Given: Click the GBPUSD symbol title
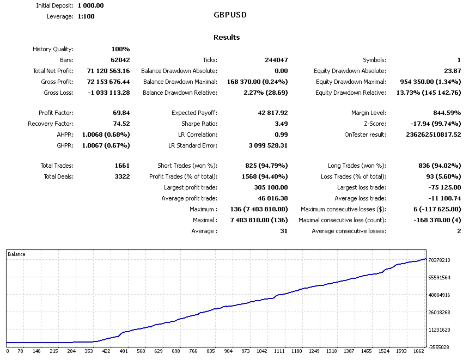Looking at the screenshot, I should coord(230,15).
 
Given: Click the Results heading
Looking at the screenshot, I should coord(227,38).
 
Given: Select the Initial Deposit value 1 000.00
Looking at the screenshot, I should coord(90,5).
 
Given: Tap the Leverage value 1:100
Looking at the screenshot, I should coord(87,16).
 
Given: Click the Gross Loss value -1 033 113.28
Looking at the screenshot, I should coord(109,93).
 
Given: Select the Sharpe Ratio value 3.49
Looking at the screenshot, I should coord(281,124).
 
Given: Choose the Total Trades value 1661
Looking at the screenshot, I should coord(120,166).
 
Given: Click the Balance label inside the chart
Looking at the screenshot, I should coord(17,254).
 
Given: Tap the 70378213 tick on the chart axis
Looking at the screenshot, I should coord(439,260).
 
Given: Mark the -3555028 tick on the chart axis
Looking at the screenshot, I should coord(439,347).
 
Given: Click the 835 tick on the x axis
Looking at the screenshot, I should coord(210,352).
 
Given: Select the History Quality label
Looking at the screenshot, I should coord(53,49).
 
